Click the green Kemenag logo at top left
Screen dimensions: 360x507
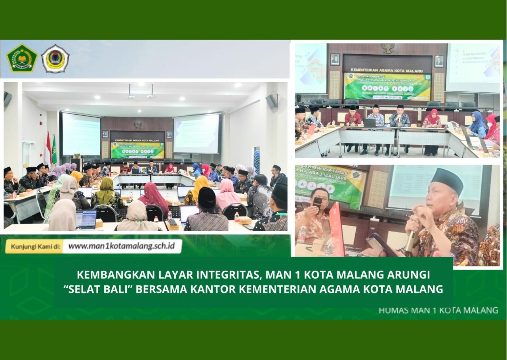pyautogui.click(x=22, y=58)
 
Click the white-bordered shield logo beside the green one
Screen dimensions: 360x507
pyautogui.click(x=55, y=59)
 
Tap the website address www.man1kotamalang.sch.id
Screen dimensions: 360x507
pyautogui.click(x=121, y=246)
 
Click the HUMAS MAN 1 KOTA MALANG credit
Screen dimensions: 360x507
pyautogui.click(x=438, y=310)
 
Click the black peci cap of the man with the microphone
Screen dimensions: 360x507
pyautogui.click(x=447, y=180)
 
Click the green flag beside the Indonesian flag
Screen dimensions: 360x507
pyautogui.click(x=54, y=150)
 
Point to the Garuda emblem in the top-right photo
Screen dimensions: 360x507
pyautogui.click(x=388, y=48)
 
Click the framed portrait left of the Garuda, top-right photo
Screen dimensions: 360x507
pyautogui.click(x=335, y=59)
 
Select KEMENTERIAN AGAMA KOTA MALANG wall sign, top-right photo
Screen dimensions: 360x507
pyautogui.click(x=387, y=64)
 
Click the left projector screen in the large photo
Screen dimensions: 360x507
pyautogui.click(x=81, y=134)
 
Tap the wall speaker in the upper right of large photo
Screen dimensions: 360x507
pyautogui.click(x=271, y=101)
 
